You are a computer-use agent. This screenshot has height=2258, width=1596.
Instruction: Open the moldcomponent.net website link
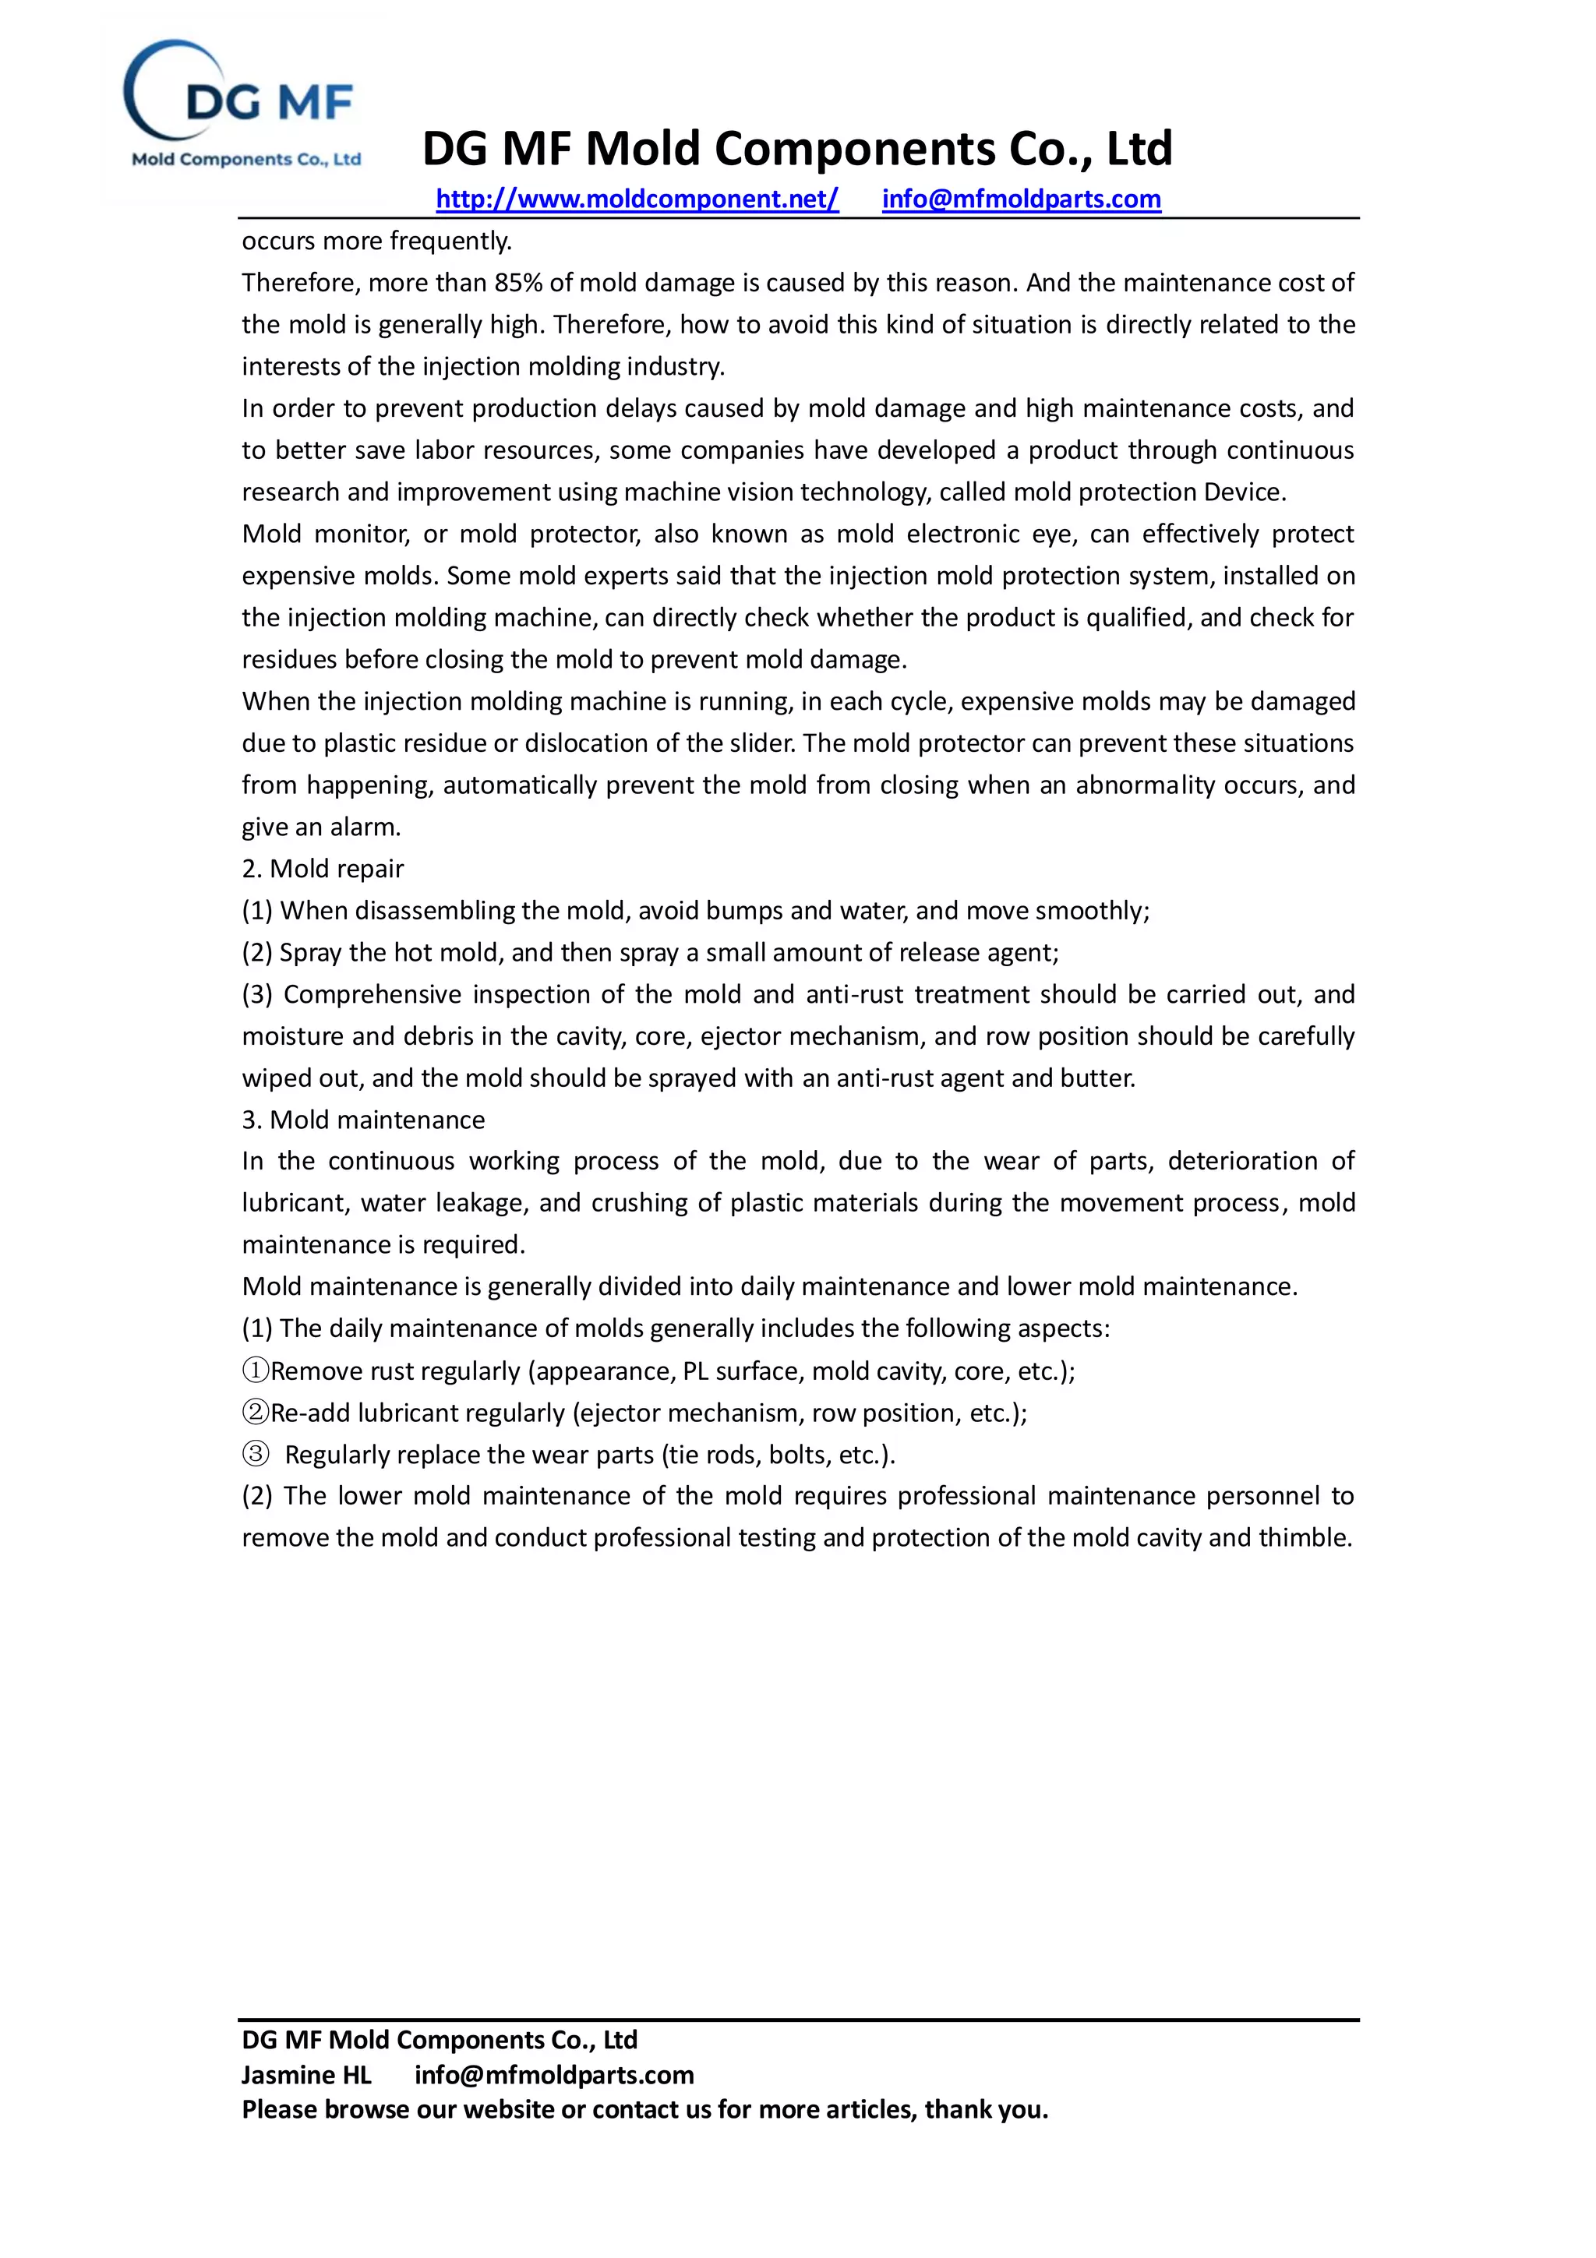[x=637, y=199]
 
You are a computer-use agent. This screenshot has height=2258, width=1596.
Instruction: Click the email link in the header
[x=1021, y=199]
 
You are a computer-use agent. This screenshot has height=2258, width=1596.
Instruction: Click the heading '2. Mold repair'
[x=323, y=869]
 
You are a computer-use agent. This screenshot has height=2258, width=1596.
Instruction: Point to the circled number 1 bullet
[x=256, y=1370]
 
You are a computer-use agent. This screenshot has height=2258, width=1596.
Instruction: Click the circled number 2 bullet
[x=256, y=1413]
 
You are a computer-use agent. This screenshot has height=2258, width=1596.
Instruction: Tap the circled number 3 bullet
[x=256, y=1454]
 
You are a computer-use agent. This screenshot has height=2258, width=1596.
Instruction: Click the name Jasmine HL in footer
[x=305, y=2075]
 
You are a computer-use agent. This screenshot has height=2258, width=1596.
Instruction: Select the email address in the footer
[x=553, y=2075]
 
